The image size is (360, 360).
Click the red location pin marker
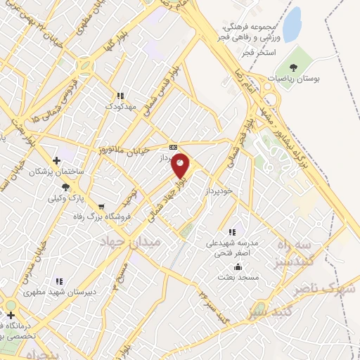pyautogui.click(x=181, y=165)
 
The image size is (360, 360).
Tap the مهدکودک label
pyautogui.click(x=119, y=106)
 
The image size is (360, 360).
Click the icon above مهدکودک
pyautogui.click(x=120, y=96)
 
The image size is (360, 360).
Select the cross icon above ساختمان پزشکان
pyautogui.click(x=56, y=160)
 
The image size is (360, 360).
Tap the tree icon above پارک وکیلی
pyautogui.click(x=65, y=186)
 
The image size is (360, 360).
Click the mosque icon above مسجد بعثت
pyautogui.click(x=238, y=266)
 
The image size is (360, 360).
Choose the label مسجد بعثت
pyautogui.click(x=238, y=278)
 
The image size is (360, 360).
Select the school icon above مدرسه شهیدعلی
pyautogui.click(x=231, y=231)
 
